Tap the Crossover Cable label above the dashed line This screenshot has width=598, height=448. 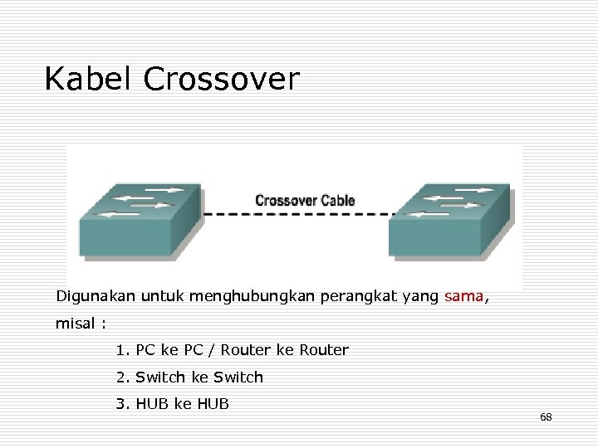pos(305,200)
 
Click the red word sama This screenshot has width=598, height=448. pos(463,295)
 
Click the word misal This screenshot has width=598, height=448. pos(75,323)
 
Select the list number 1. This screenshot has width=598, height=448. pos(121,350)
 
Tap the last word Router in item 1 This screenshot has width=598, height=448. pos(325,350)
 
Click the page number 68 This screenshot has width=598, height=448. pos(546,416)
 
